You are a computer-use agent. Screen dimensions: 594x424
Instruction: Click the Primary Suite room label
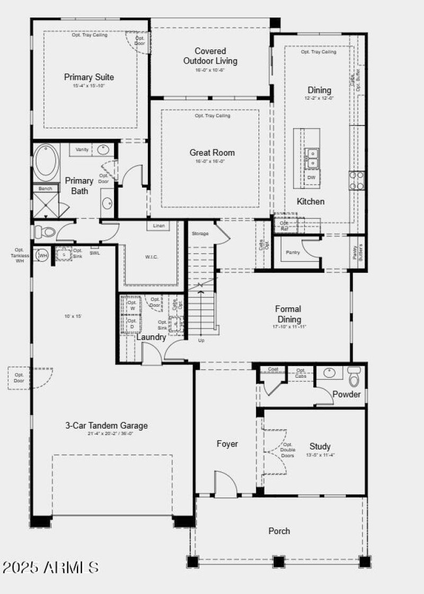89,77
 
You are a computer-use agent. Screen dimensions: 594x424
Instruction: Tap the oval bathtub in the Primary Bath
47,162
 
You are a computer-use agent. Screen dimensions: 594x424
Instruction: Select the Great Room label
212,153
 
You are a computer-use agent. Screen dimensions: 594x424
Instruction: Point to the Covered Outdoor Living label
210,56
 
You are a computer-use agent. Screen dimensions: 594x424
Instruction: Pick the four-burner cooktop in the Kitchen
356,180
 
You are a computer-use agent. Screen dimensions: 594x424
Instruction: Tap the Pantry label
293,252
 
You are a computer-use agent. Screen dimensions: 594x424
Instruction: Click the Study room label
320,446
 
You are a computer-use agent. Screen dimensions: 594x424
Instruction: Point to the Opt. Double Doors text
288,449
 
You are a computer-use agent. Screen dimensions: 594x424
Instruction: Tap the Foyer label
227,444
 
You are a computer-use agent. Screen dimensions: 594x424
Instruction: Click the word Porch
279,530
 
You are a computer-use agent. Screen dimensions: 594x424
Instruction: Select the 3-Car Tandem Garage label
107,425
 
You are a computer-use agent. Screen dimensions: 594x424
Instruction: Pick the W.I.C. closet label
151,257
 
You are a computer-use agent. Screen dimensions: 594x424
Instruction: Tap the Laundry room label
151,337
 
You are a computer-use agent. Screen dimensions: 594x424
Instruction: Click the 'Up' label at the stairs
201,340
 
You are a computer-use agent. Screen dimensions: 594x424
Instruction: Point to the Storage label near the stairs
200,234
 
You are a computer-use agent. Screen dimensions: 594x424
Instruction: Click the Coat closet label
273,369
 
